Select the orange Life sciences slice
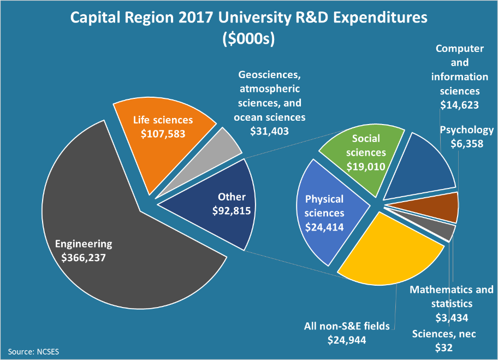point(164,142)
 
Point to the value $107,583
point(163,133)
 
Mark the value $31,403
point(269,131)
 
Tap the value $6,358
point(467,144)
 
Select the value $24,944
point(346,340)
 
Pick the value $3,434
point(451,317)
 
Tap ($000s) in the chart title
point(248,39)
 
